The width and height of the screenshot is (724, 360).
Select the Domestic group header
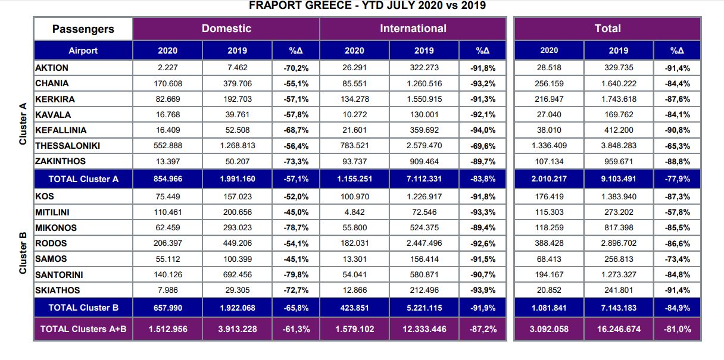click(226, 29)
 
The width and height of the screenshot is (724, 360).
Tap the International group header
click(413, 29)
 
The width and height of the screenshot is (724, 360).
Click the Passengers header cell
click(83, 29)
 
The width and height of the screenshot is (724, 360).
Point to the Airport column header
click(83, 51)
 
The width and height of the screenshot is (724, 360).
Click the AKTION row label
click(52, 68)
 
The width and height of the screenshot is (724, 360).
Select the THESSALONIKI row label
click(67, 146)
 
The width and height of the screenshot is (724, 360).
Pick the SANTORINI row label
click(59, 275)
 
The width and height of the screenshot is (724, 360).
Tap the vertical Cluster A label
click(23, 124)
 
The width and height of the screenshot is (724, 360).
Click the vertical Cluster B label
click(23, 253)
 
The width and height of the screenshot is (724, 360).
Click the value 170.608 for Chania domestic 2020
click(168, 84)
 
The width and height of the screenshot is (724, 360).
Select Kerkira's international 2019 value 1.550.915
click(424, 99)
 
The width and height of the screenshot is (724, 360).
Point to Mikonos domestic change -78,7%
click(296, 228)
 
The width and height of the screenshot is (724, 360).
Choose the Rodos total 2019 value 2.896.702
click(619, 243)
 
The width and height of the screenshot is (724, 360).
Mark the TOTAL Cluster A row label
click(83, 179)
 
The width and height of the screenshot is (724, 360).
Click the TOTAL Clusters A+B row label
click(83, 329)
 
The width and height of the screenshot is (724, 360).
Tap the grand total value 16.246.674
click(619, 329)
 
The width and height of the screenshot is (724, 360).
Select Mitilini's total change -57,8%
click(677, 212)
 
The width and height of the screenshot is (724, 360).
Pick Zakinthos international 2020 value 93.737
click(355, 161)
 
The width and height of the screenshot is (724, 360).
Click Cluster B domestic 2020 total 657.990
click(168, 308)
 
